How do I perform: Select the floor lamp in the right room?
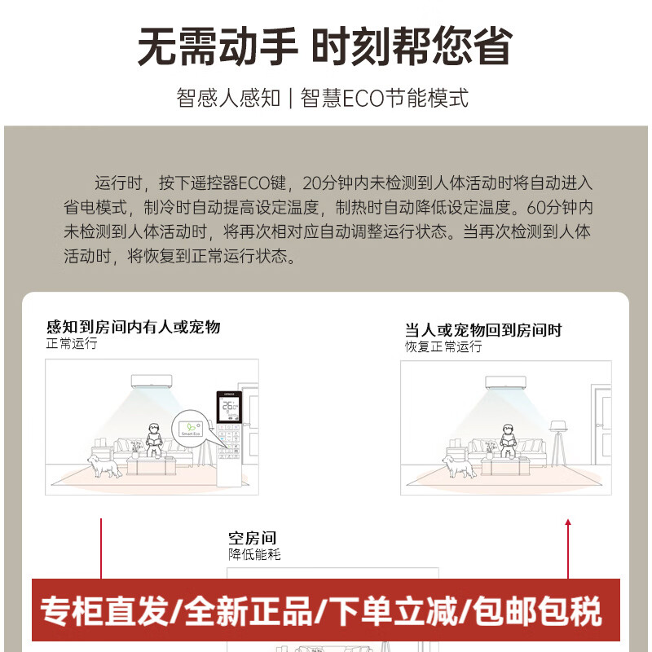coord(558,444)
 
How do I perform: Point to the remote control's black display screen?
coord(230,408)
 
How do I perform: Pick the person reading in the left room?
coord(152,441)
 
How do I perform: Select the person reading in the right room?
coord(508,441)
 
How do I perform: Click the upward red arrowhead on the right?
coord(568,522)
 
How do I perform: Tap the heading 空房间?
coord(253,538)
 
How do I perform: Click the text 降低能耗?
coord(254,555)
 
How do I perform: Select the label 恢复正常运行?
coord(443,346)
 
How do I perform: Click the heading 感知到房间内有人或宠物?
coord(134,328)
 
